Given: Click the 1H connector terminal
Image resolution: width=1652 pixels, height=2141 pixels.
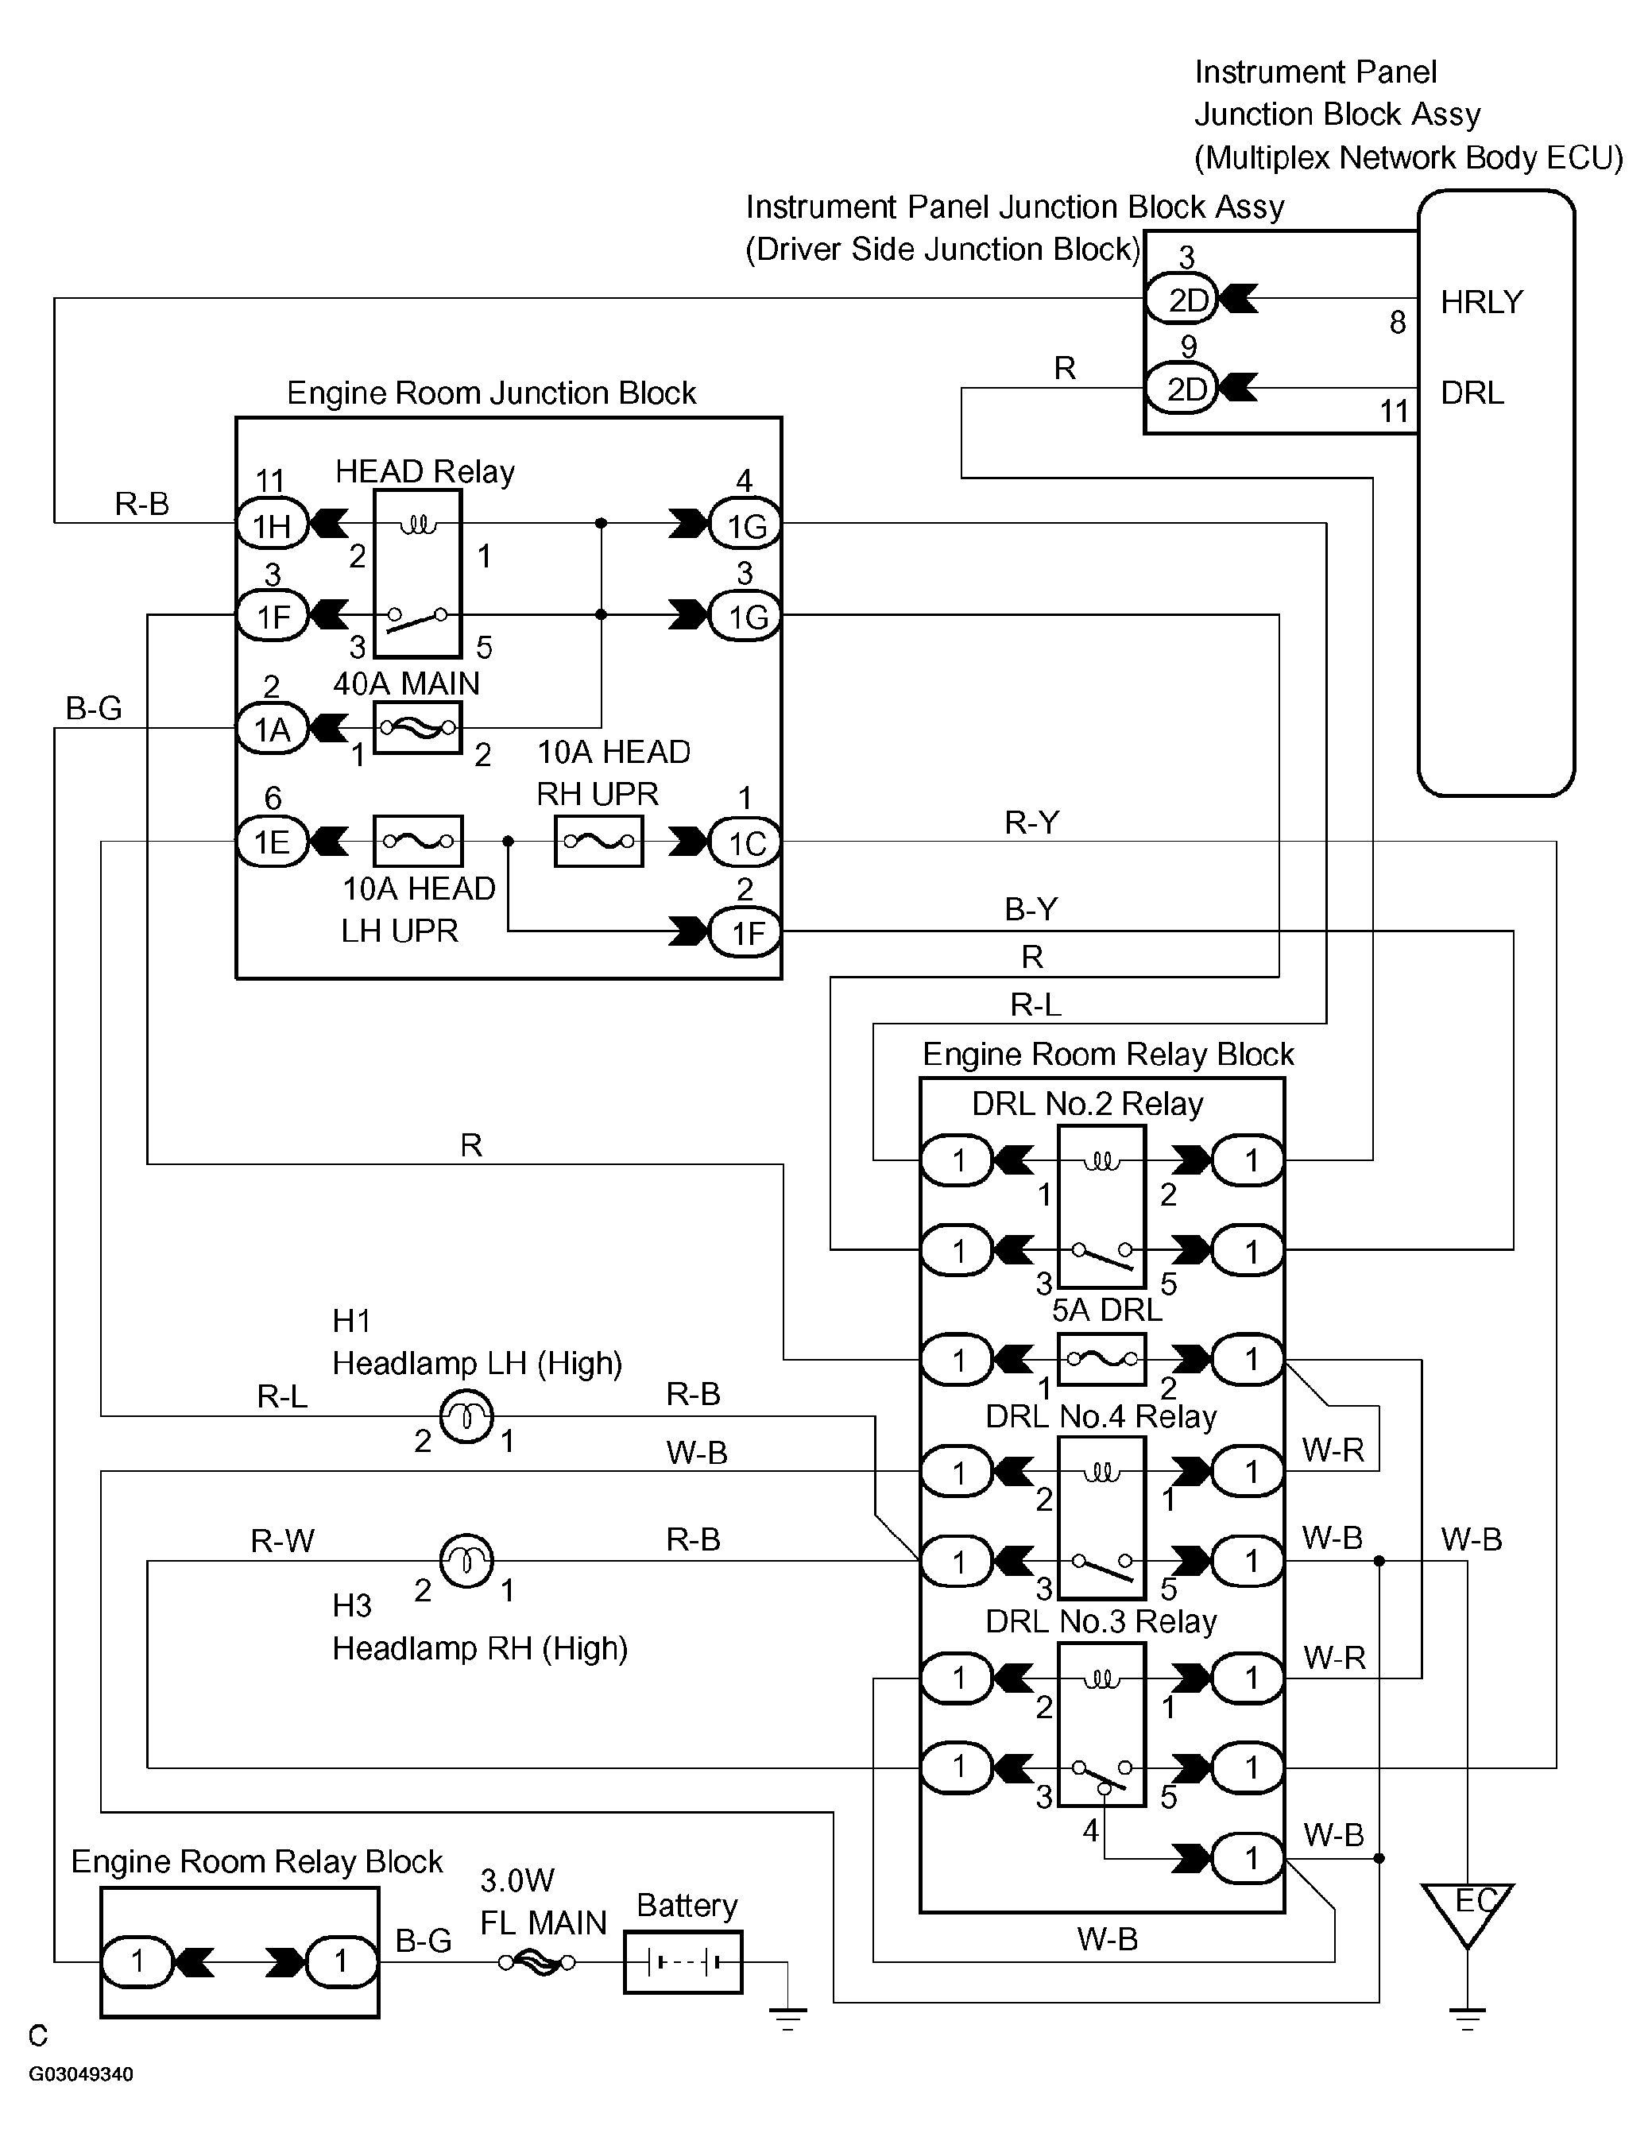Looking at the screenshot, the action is coord(273,525).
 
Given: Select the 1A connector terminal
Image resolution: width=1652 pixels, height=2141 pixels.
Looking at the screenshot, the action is coord(273,729).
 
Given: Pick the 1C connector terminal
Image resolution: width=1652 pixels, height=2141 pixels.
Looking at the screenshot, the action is coord(745,842).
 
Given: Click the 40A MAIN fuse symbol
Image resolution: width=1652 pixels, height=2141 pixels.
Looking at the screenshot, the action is coord(418,727).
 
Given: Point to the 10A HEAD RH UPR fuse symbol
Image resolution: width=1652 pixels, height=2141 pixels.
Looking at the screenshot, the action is coord(599,841).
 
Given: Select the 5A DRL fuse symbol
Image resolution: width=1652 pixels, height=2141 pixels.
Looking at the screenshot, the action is coord(1102,1359).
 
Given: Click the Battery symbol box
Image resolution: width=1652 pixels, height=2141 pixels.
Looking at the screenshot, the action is coord(683,1961).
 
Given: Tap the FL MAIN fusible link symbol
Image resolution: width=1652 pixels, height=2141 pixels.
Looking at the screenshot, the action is coord(536,1961).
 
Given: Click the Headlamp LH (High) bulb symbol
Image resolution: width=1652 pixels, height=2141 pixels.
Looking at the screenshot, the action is coord(466,1416).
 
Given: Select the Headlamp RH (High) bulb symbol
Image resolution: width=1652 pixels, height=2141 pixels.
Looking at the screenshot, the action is coord(466,1561).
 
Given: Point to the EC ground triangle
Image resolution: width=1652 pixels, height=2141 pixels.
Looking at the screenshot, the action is coord(1467,1913).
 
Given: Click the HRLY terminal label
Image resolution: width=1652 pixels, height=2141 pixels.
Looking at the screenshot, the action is coord(1481,302).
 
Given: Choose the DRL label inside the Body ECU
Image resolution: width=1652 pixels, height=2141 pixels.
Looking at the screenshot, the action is coord(1472,392).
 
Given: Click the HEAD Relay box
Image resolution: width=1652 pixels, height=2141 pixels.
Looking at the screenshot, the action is coord(418,574).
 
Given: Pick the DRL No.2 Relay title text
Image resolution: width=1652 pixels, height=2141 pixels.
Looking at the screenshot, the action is coord(1087,1104).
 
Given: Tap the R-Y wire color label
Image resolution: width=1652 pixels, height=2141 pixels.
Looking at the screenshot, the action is coord(1031,822).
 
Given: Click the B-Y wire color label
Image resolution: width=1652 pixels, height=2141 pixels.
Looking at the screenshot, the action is coord(1031,908).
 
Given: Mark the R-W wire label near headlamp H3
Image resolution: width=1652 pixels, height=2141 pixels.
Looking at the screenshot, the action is coord(282,1541).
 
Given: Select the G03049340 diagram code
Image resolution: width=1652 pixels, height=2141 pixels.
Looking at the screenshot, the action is coord(81,2074).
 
